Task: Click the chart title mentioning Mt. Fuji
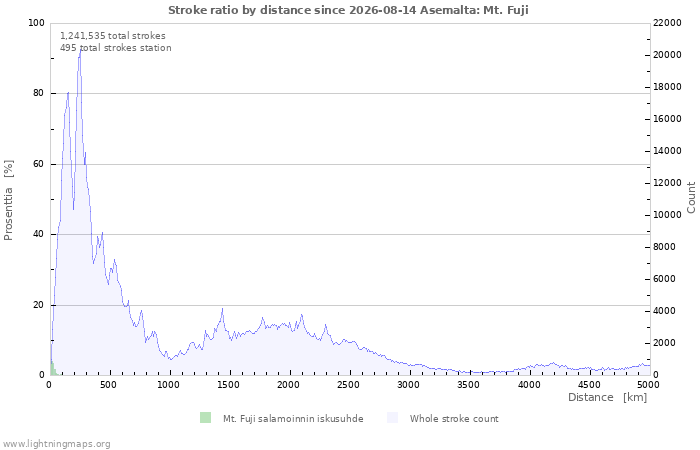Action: tap(348, 10)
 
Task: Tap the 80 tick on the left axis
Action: tap(38, 93)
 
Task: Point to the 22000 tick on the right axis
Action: tap(667, 23)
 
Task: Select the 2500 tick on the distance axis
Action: tap(348, 385)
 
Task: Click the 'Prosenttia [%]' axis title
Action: tap(8, 200)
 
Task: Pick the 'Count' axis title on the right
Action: tap(691, 197)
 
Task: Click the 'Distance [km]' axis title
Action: tap(607, 397)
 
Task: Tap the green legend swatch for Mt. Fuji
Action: tap(205, 418)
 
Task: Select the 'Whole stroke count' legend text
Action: tap(454, 419)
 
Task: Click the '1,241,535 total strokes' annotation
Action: tap(112, 36)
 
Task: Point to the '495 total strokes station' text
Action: tap(116, 48)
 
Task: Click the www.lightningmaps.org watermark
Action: tap(56, 444)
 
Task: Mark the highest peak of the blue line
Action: tap(81, 48)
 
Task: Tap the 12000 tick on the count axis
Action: tap(667, 183)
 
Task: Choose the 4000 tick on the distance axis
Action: tap(529, 385)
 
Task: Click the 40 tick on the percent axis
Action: tap(38, 234)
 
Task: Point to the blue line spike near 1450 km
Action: tap(222, 308)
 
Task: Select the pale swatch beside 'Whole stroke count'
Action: tap(392, 418)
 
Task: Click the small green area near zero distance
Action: tap(53, 370)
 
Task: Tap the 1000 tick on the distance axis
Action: tap(168, 385)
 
